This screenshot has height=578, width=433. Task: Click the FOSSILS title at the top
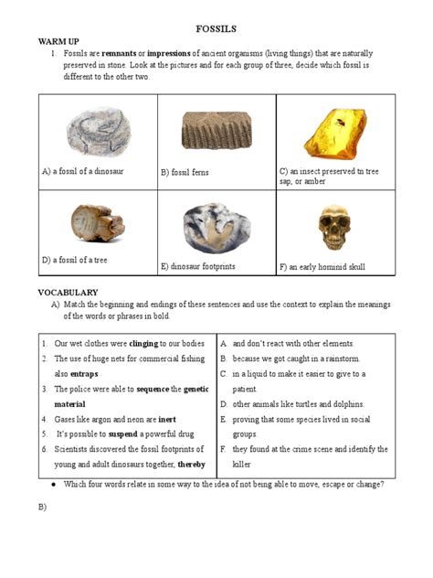click(216, 30)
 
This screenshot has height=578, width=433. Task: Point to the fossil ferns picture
click(216, 130)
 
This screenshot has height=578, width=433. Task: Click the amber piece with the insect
click(335, 131)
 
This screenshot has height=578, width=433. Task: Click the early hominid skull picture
click(334, 227)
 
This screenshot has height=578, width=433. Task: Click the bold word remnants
click(118, 53)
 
